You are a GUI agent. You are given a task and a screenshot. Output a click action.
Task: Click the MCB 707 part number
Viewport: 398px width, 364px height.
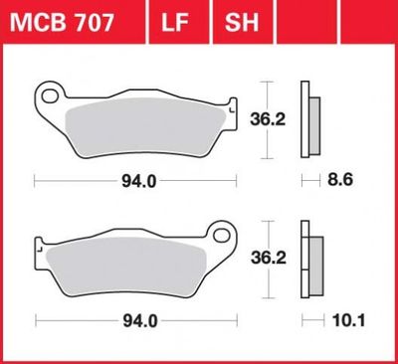[62, 23]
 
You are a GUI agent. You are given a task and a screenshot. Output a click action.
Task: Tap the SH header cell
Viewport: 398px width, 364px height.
[242, 22]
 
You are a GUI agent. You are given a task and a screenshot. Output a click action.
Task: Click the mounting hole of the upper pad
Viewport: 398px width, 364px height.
[50, 96]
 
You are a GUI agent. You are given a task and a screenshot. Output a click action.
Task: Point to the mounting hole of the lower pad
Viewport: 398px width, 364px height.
[222, 235]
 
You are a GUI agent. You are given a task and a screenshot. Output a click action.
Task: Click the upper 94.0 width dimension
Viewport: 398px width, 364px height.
[139, 181]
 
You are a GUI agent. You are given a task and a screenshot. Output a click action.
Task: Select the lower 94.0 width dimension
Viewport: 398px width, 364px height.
[140, 321]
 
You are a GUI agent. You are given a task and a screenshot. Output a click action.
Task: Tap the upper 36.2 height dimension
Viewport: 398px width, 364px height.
[268, 119]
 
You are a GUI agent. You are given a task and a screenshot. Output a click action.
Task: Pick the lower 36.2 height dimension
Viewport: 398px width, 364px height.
[269, 258]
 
